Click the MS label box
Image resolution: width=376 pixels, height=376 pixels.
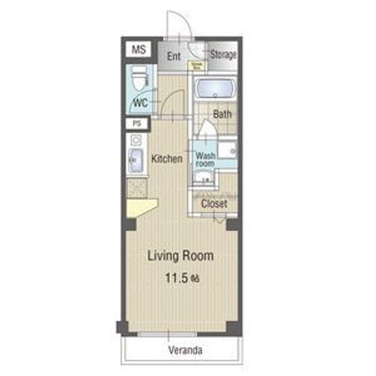(x=138, y=50)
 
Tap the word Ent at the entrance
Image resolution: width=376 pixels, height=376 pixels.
(x=174, y=56)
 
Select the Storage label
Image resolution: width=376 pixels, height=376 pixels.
(x=224, y=54)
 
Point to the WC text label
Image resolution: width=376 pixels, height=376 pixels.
(x=140, y=102)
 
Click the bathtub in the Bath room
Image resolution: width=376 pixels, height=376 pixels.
(x=215, y=88)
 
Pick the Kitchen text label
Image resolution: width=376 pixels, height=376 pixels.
(x=167, y=159)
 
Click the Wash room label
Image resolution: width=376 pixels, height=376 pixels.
(x=205, y=159)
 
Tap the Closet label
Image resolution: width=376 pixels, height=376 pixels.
(x=215, y=204)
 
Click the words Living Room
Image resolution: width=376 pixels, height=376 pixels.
(x=180, y=256)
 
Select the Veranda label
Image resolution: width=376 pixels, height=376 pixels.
(x=185, y=350)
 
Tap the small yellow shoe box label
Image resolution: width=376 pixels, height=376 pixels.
(x=197, y=66)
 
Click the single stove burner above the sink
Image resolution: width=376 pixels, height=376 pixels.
(x=135, y=140)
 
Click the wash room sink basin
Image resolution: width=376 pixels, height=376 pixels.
(x=202, y=179)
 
